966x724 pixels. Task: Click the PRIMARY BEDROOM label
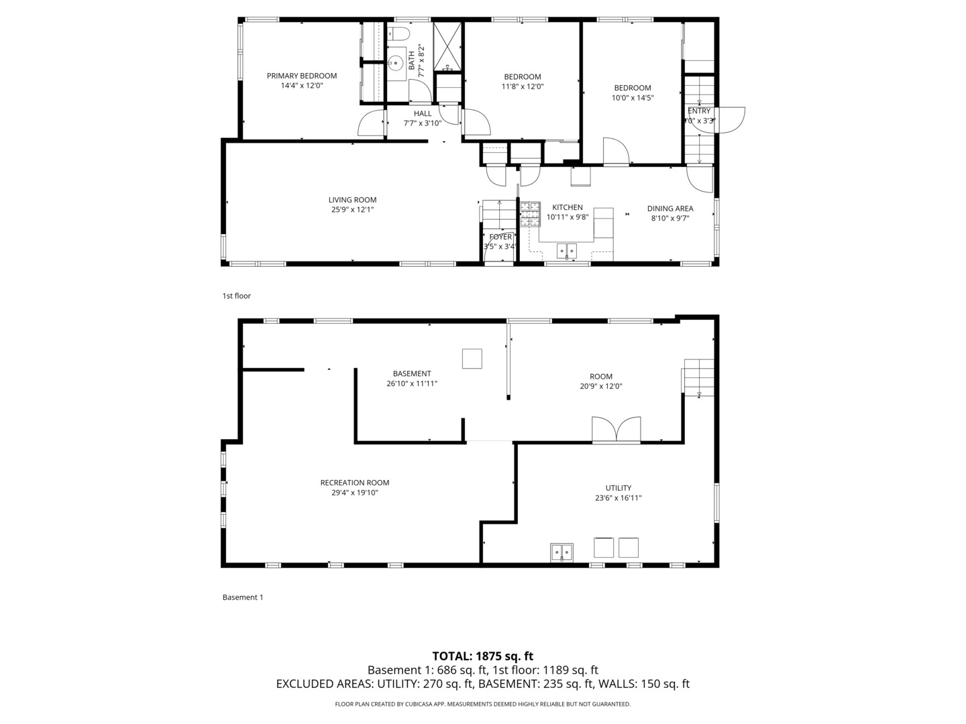[301, 76]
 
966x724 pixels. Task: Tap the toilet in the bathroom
[400, 35]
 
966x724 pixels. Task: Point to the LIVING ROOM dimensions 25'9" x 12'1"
[352, 210]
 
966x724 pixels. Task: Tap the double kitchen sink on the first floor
[567, 251]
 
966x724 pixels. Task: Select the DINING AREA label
[669, 208]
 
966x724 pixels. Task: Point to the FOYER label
[500, 237]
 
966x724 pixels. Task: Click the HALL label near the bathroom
[423, 113]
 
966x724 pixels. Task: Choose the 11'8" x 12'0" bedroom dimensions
[522, 86]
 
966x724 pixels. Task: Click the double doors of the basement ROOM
[616, 430]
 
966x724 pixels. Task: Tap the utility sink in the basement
[561, 552]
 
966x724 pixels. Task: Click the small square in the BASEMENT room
[472, 359]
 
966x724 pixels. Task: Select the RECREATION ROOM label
[354, 483]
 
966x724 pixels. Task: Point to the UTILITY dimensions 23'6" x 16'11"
[618, 498]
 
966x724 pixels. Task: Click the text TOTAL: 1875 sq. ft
[482, 656]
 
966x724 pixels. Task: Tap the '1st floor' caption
[236, 296]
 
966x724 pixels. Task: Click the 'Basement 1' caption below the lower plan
[242, 597]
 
